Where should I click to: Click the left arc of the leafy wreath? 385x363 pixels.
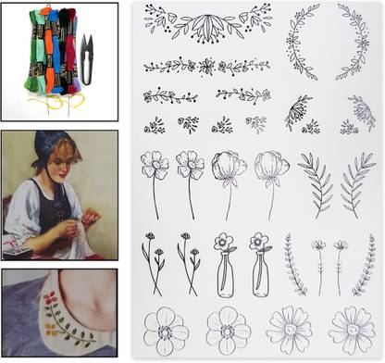[x=299, y=46]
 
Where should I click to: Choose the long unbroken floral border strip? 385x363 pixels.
[x=206, y=67]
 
